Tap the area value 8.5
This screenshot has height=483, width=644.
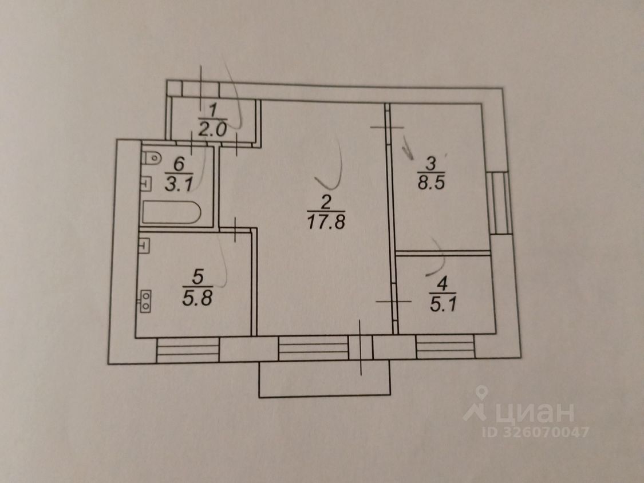click(x=432, y=185)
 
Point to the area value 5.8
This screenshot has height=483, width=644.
click(x=197, y=298)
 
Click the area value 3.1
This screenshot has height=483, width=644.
click(x=179, y=184)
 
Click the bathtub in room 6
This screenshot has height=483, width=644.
click(x=171, y=213)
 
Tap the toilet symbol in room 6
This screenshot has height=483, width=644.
click(x=150, y=158)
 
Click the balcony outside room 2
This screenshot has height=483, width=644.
click(x=325, y=380)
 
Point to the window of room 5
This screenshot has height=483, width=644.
click(x=188, y=349)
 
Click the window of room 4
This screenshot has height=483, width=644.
click(x=445, y=347)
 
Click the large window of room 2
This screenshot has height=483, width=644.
click(x=313, y=347)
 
